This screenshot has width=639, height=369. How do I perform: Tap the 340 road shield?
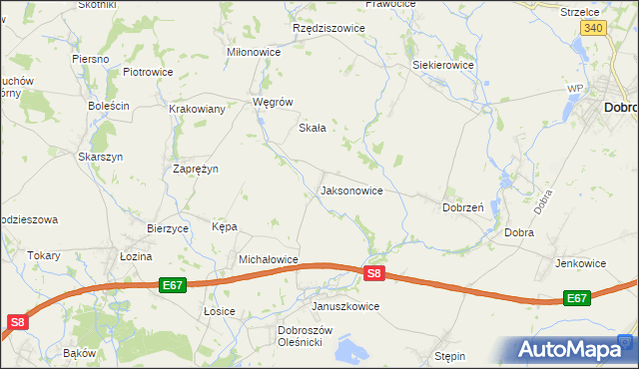click(x=593, y=28)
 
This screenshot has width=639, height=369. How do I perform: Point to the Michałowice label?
click(x=269, y=259)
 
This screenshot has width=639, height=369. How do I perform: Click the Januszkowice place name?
click(x=345, y=306)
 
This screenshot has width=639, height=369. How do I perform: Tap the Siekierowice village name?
click(x=443, y=65)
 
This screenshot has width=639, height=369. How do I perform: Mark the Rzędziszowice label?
click(x=328, y=28)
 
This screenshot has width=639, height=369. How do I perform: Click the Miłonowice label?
click(x=255, y=53)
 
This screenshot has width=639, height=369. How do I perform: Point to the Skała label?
click(x=314, y=128)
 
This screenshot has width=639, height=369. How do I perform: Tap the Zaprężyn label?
click(x=196, y=169)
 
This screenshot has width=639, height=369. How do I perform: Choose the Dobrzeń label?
click(x=463, y=207)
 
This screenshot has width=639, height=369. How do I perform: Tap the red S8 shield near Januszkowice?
click(x=373, y=272)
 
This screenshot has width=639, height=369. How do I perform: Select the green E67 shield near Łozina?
click(x=172, y=285)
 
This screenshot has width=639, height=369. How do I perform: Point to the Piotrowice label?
click(x=148, y=72)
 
